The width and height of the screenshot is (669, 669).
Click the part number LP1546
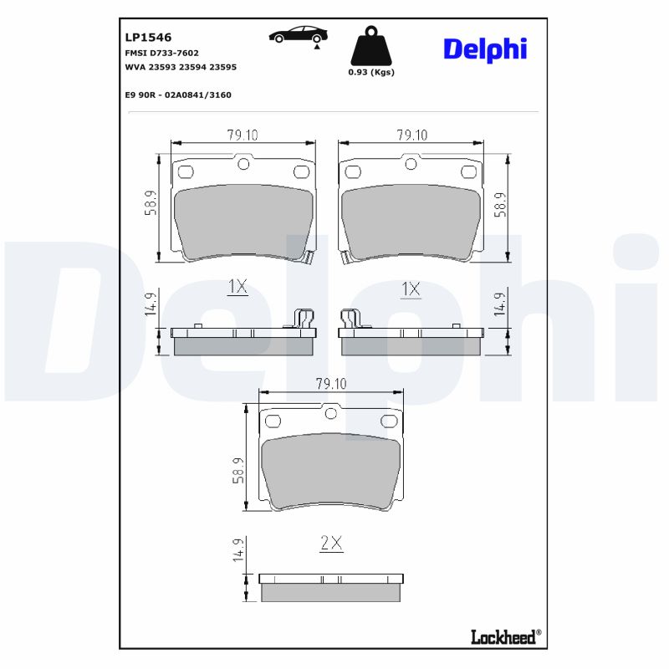tap(148, 38)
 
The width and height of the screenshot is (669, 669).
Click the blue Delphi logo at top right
tap(484, 49)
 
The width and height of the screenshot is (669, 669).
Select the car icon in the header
tap(298, 35)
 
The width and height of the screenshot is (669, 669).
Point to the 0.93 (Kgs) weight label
tap(370, 72)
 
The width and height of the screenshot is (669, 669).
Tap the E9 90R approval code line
tap(177, 95)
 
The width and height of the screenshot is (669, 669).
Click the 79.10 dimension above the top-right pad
tap(411, 135)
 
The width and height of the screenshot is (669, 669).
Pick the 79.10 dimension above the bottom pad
tap(331, 383)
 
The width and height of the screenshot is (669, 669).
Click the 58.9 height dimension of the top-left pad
tap(150, 203)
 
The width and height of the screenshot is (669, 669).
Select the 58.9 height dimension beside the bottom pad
tap(237, 470)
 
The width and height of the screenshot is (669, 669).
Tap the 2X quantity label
tap(332, 543)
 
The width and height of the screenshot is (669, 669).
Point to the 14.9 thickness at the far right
tap(500, 303)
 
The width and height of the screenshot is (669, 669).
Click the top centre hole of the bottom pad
tap(331, 412)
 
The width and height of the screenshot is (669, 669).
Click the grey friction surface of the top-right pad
tap(411, 220)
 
